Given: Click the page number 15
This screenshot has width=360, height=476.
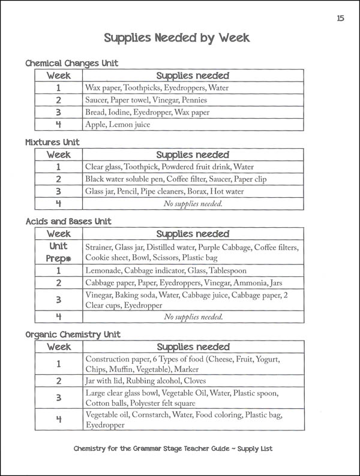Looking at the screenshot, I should point(340,18).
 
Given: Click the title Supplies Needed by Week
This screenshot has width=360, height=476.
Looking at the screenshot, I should point(176,38).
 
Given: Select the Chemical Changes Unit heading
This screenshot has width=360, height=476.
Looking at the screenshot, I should point(71,63).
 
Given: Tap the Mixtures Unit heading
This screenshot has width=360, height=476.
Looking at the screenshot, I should point(52,142).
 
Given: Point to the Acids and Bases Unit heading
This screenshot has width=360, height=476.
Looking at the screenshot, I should point(68,221).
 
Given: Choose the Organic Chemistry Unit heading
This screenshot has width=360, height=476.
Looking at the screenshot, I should point(73,334).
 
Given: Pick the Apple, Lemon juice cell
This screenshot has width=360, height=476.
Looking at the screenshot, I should point(118,125).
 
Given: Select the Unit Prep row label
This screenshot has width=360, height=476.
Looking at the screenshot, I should point(58,253).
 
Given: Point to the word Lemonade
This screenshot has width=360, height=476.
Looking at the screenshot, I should point(104,270).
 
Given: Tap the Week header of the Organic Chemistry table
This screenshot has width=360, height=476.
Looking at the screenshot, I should point(59,347).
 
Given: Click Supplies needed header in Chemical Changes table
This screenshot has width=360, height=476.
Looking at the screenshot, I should point(193,76).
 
